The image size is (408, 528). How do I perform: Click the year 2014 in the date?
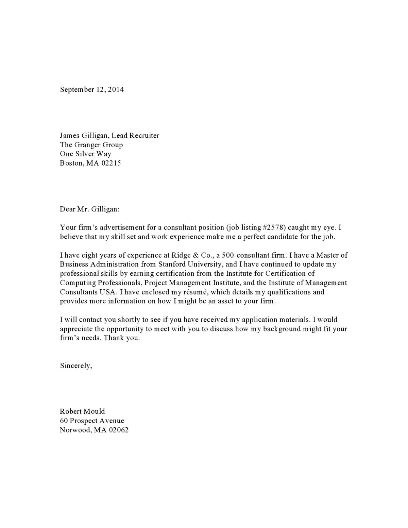tap(116, 89)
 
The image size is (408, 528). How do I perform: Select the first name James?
tap(70, 136)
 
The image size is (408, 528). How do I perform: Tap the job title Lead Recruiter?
tap(135, 136)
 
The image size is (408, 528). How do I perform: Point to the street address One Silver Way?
tap(85, 154)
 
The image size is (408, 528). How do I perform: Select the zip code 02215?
tap(111, 163)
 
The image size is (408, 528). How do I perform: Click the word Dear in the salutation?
tap(67, 209)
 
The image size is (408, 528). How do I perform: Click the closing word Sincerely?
tap(75, 365)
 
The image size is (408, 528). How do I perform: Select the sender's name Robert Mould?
tap(82, 411)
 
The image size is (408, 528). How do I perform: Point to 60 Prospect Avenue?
tap(92, 421)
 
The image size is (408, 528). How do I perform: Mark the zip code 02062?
tap(119, 430)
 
